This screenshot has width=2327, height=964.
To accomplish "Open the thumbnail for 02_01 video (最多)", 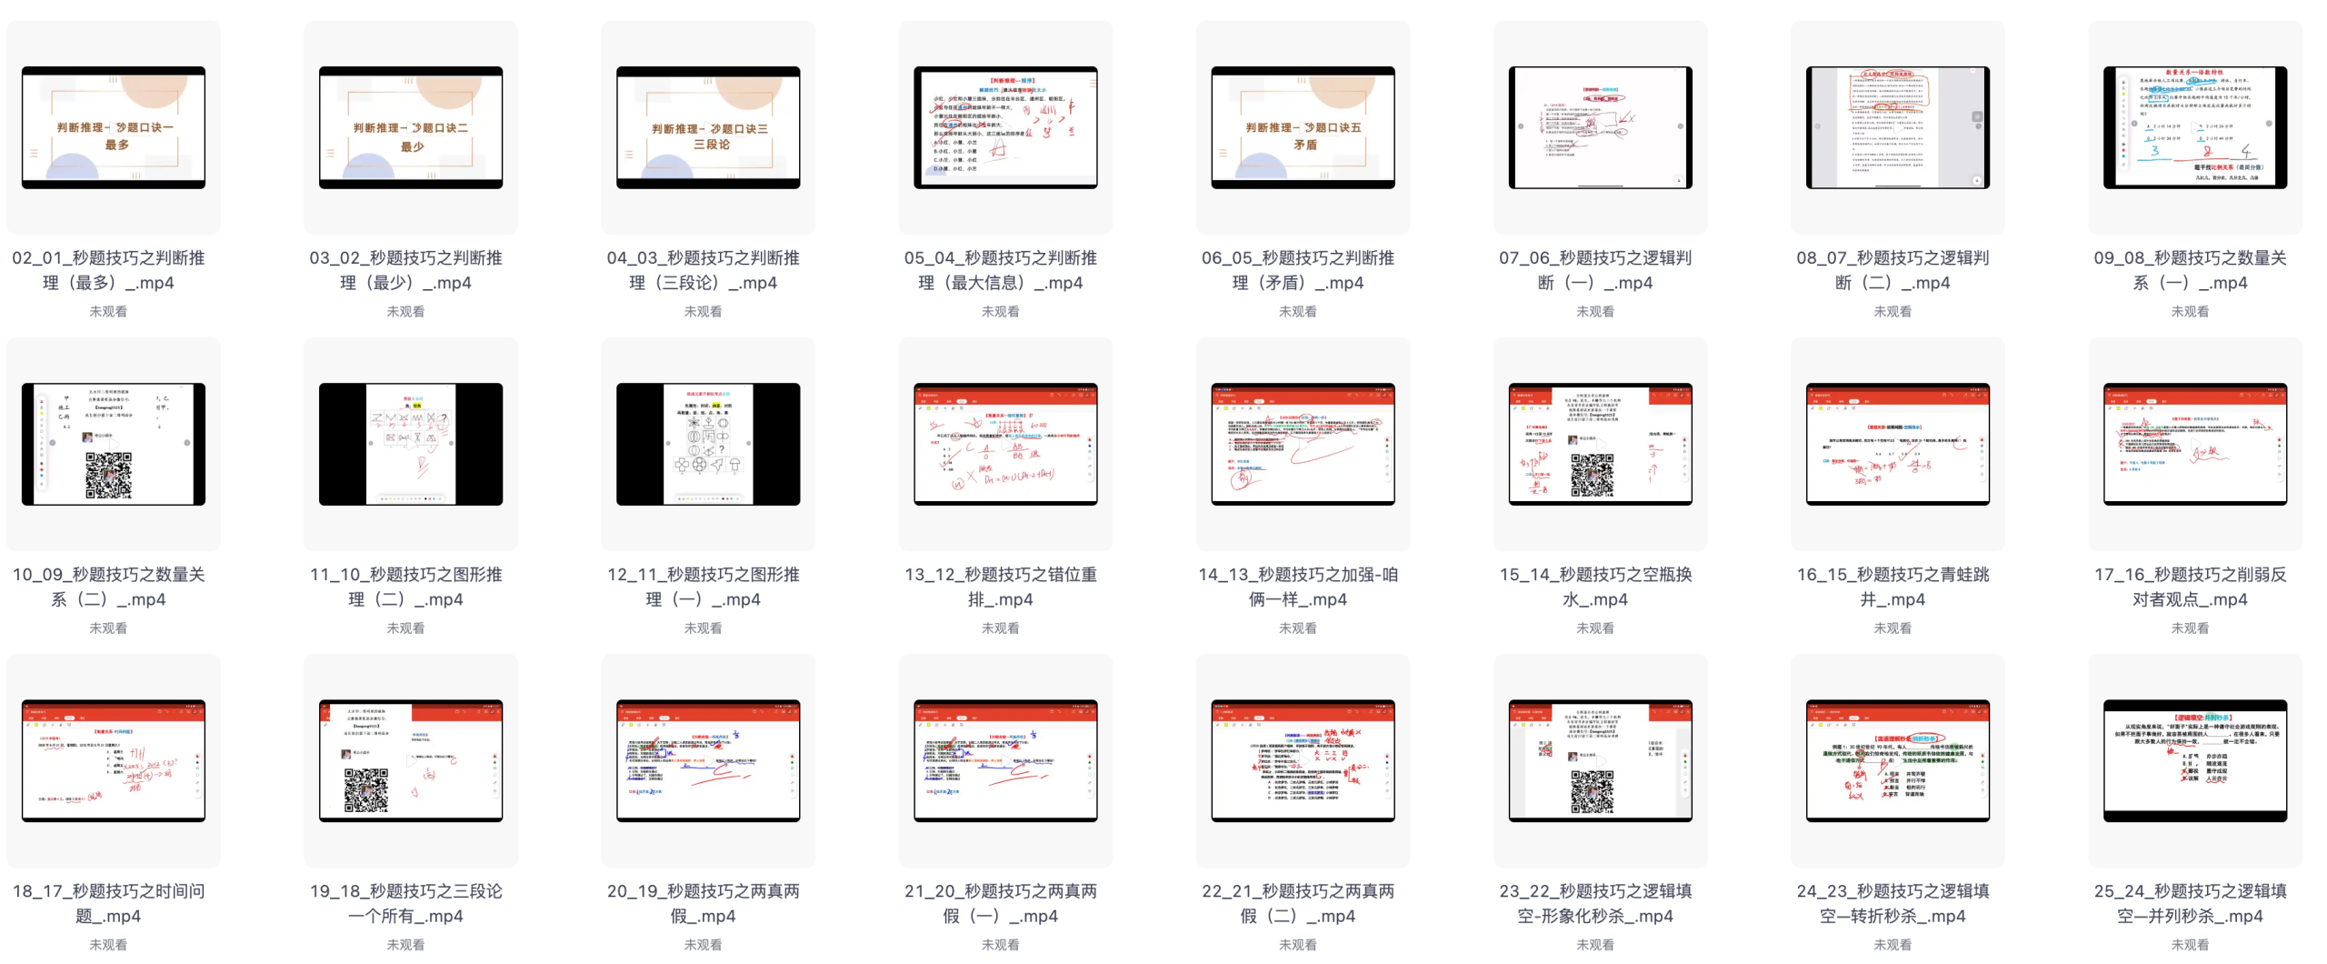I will [114, 127].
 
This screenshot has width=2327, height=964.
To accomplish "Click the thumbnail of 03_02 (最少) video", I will [411, 127].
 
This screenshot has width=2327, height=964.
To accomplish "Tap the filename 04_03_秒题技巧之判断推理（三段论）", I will [704, 270].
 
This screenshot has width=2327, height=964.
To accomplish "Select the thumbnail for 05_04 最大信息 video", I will [1005, 127].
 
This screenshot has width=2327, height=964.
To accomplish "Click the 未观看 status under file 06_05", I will [1298, 311].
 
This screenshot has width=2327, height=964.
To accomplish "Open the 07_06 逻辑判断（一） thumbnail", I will [1600, 127].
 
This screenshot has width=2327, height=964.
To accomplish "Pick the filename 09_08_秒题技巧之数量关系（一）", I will [2190, 270].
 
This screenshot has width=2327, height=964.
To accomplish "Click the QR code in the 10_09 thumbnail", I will [108, 475].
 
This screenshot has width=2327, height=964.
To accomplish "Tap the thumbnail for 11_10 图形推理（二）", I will [411, 444].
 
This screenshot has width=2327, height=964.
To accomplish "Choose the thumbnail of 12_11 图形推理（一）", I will [708, 444].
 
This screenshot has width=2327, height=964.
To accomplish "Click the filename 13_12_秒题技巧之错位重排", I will [1001, 587].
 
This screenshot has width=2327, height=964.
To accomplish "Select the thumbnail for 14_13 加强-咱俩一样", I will [1303, 444].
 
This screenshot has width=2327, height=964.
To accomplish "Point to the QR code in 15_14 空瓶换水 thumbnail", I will [1593, 475].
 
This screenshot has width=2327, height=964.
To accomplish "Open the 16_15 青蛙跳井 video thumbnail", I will [1897, 444].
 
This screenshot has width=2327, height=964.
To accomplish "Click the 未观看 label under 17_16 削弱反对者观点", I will [2190, 628].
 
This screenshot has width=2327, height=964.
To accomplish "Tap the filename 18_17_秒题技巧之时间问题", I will [108, 903].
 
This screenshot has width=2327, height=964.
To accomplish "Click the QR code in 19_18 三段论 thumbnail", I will [366, 789].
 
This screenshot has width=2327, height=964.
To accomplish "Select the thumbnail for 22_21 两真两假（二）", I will [1303, 760].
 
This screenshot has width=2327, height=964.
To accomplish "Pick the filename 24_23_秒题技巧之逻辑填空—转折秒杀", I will [1893, 903].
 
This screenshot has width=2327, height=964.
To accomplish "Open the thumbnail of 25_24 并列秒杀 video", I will [2194, 760].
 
